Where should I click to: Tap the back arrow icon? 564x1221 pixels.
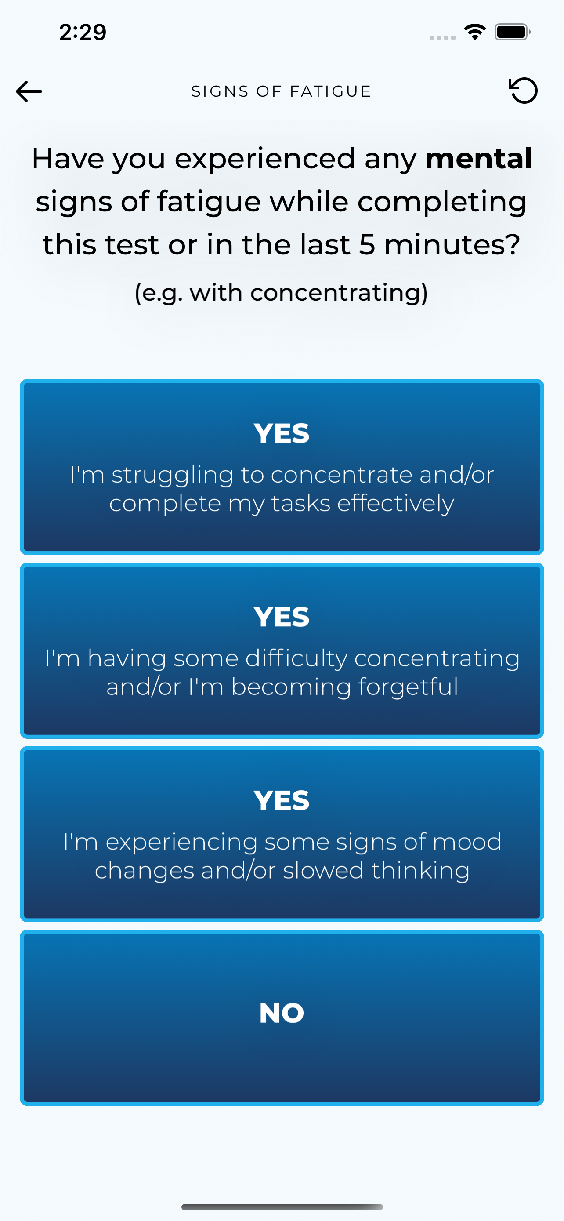[29, 91]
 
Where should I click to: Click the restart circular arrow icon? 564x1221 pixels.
[523, 90]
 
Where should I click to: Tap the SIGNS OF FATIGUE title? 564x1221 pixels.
[281, 91]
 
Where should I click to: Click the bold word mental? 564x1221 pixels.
[479, 158]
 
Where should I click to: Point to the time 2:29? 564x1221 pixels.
[83, 32]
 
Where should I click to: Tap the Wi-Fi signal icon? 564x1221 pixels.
[475, 32]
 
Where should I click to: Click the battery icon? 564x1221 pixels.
[512, 32]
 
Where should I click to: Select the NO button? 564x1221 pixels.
[282, 1017]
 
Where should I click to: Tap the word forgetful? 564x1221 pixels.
[408, 687]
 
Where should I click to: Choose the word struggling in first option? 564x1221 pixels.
[172, 476]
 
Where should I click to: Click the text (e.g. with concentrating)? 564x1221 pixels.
[281, 292]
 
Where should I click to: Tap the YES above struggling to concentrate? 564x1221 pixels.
[282, 433]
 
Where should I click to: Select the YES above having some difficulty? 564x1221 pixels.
[282, 617]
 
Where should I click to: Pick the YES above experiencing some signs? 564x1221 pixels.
[282, 800]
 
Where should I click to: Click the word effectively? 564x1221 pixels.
[395, 504]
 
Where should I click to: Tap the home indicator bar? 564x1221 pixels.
[282, 1207]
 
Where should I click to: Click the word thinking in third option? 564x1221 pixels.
[420, 871]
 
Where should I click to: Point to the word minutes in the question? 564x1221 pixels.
[452, 245]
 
